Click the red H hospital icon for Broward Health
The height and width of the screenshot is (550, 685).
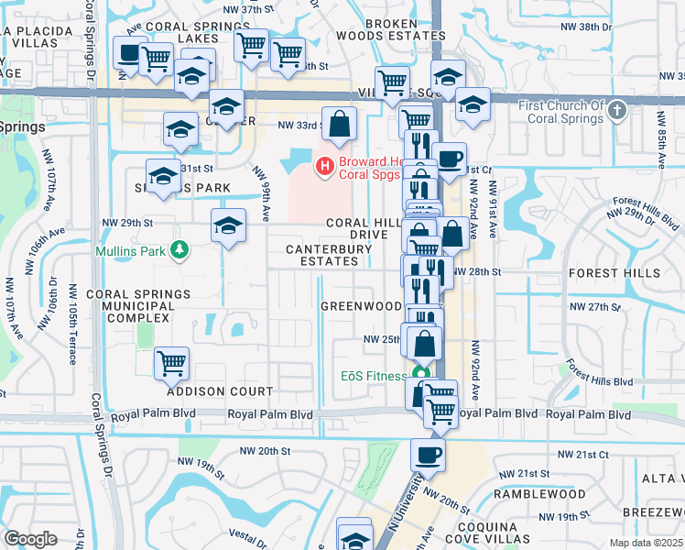coord(323,166)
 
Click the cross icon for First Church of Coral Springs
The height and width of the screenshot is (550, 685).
coord(617,112)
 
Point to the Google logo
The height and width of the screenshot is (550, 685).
coord(30,539)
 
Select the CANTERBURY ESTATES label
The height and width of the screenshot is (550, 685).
coord(321,261)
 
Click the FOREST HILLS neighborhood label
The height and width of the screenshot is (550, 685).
coord(607,273)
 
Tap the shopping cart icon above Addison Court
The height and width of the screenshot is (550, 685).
coord(171,363)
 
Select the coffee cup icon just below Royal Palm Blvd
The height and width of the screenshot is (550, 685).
coord(427,453)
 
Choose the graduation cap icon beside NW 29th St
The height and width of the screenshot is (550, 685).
coord(228,225)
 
